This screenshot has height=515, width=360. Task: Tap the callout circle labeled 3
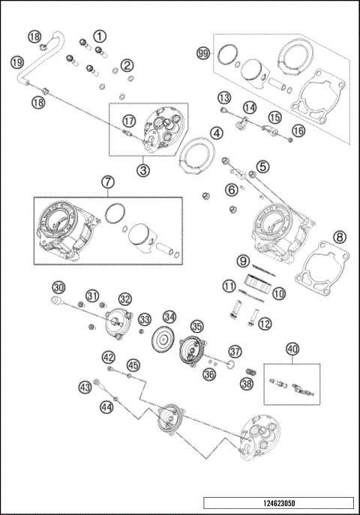(143, 169)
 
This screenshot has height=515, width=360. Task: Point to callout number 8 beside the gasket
(338, 237)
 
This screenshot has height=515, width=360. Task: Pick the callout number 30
(59, 286)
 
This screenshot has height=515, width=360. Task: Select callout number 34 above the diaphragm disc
(170, 316)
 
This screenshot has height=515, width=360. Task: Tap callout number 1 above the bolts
(100, 35)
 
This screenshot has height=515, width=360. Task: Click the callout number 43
(85, 387)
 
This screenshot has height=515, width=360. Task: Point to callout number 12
(264, 324)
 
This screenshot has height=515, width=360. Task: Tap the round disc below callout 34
(163, 339)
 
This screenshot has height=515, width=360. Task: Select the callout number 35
(196, 327)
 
